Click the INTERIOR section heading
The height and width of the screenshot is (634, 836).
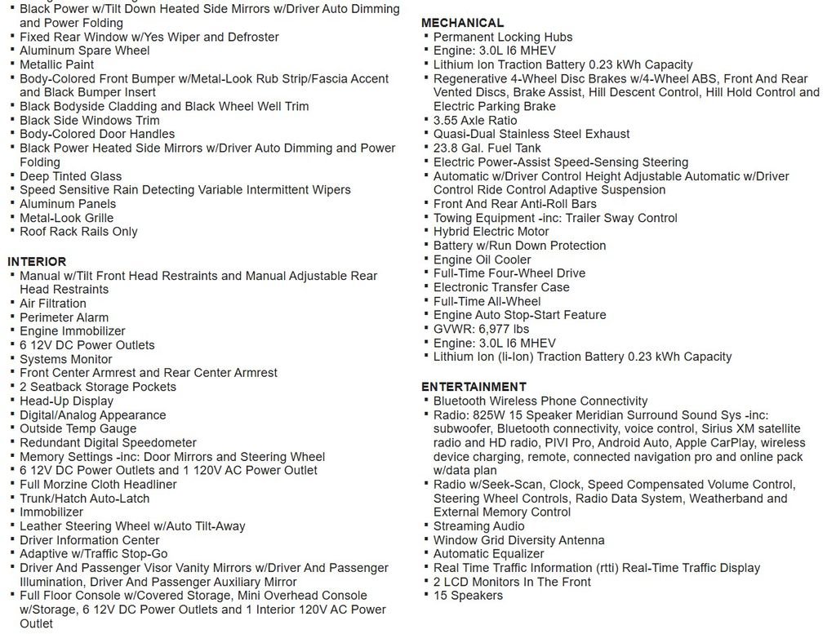pyautogui.click(x=37, y=262)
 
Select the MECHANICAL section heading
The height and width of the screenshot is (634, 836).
pyautogui.click(x=462, y=23)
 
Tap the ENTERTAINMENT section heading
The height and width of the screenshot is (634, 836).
pyautogui.click(x=474, y=387)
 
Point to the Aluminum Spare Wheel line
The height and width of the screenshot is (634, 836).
pyautogui.click(x=84, y=51)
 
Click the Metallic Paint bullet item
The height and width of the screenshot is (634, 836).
pyautogui.click(x=56, y=64)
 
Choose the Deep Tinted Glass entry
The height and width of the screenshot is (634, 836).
pyautogui.click(x=70, y=176)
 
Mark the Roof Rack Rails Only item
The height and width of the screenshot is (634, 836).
pyautogui.click(x=78, y=232)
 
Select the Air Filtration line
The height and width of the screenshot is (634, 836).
pyautogui.click(x=53, y=304)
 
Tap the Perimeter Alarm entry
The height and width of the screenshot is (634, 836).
pyautogui.click(x=64, y=317)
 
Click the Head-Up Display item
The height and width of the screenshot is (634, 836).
pyautogui.click(x=66, y=401)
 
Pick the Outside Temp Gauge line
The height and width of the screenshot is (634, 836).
pyautogui.click(x=78, y=428)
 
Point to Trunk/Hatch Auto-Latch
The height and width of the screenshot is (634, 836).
pyautogui.click(x=84, y=499)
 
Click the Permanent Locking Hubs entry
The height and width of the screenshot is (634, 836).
pyautogui.click(x=502, y=37)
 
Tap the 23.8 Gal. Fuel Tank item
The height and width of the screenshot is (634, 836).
pyautogui.click(x=487, y=149)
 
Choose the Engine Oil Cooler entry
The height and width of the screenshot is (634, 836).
pyautogui.click(x=482, y=259)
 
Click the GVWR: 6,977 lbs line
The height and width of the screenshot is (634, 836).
pyautogui.click(x=482, y=329)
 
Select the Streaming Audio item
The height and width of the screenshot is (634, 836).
pyautogui.click(x=478, y=526)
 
